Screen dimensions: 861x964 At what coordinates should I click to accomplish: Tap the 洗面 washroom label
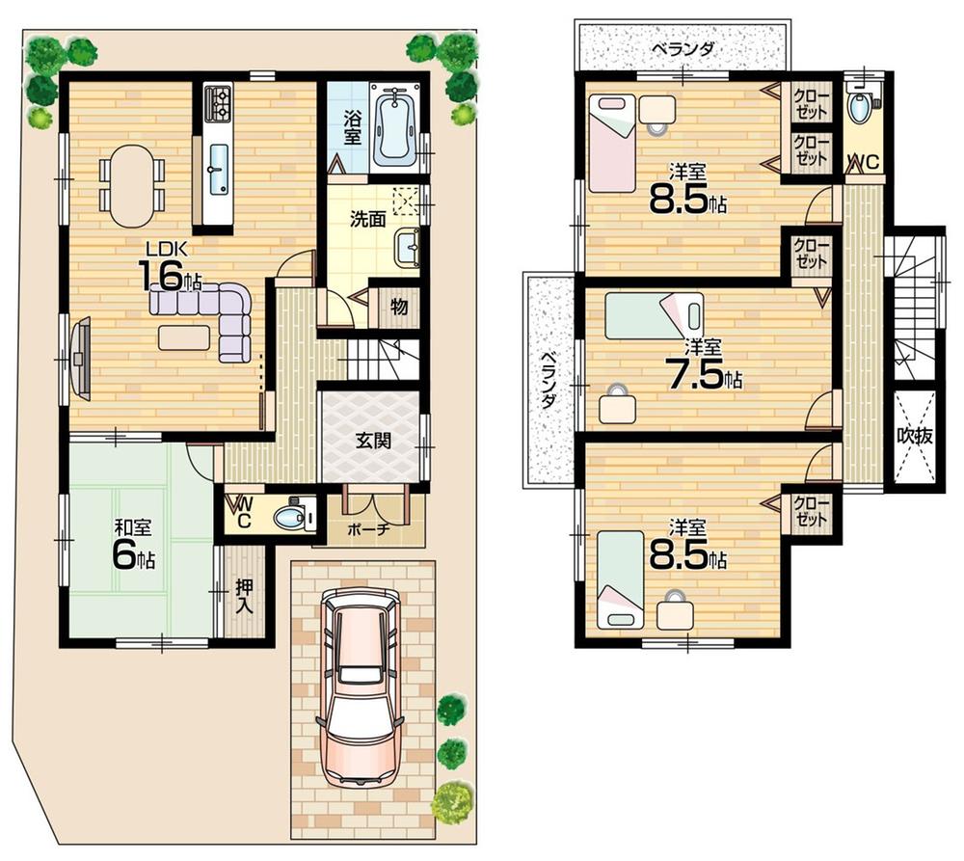pyautogui.click(x=367, y=219)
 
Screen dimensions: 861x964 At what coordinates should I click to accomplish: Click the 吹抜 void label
pyautogui.click(x=915, y=435)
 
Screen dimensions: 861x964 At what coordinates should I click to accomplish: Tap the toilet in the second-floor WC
pyautogui.click(x=859, y=107)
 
